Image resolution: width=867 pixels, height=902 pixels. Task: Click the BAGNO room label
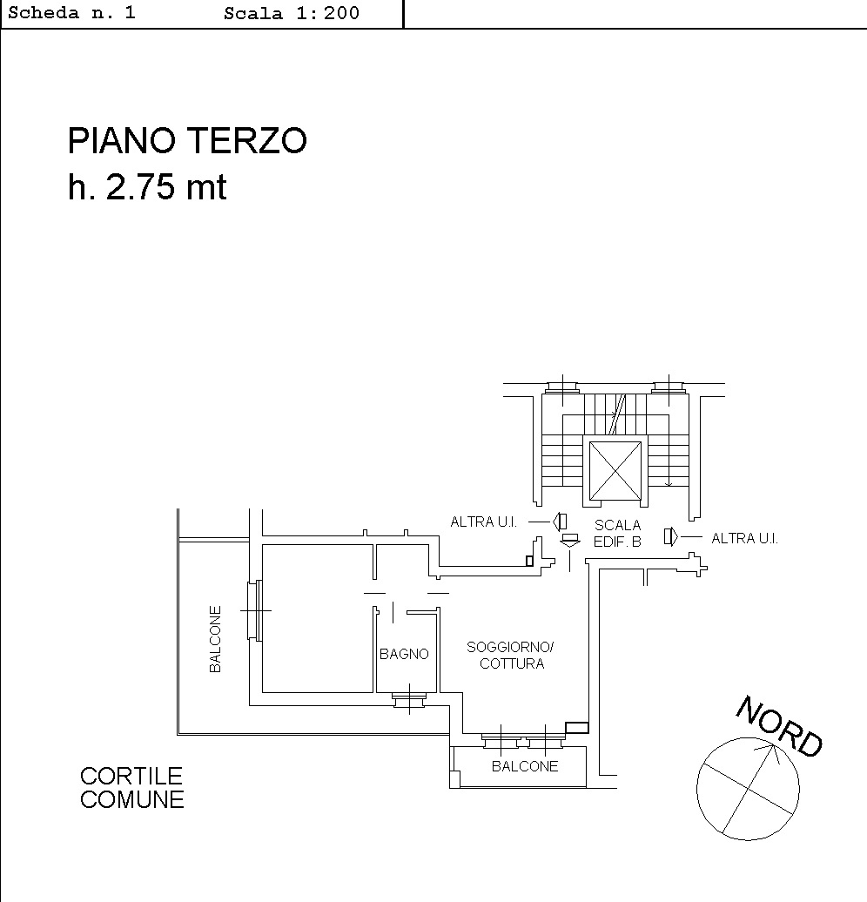coord(404,654)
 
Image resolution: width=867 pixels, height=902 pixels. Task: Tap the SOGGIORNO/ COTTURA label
coord(510,656)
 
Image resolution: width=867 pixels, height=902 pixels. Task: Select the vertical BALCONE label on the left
coord(215,639)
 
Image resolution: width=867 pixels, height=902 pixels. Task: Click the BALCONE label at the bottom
coord(525,766)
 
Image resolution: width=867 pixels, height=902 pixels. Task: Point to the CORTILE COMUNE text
coord(131,788)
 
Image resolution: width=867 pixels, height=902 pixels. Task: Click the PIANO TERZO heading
coord(187,141)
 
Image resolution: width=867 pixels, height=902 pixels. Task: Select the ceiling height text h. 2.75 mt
coord(147,187)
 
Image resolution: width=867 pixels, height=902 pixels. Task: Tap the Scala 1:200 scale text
coord(292,13)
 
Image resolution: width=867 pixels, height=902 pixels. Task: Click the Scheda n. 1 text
coord(72,13)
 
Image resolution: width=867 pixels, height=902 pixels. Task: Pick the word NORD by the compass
coord(780,726)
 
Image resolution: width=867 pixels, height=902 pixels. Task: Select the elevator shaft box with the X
coord(615,471)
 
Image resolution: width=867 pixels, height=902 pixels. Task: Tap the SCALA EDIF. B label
coord(617,533)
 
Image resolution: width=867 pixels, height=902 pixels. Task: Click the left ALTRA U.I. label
coord(483,522)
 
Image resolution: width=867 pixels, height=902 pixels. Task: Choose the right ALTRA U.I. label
coord(744,538)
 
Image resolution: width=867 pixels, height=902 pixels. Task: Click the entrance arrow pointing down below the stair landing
coord(569,541)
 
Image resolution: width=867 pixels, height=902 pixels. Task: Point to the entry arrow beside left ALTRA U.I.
coord(559,522)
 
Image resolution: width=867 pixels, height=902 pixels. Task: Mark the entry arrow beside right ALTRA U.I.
coord(671,536)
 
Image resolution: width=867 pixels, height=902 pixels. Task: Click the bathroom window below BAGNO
coord(409,699)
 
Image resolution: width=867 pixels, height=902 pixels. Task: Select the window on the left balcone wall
coord(255,610)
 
